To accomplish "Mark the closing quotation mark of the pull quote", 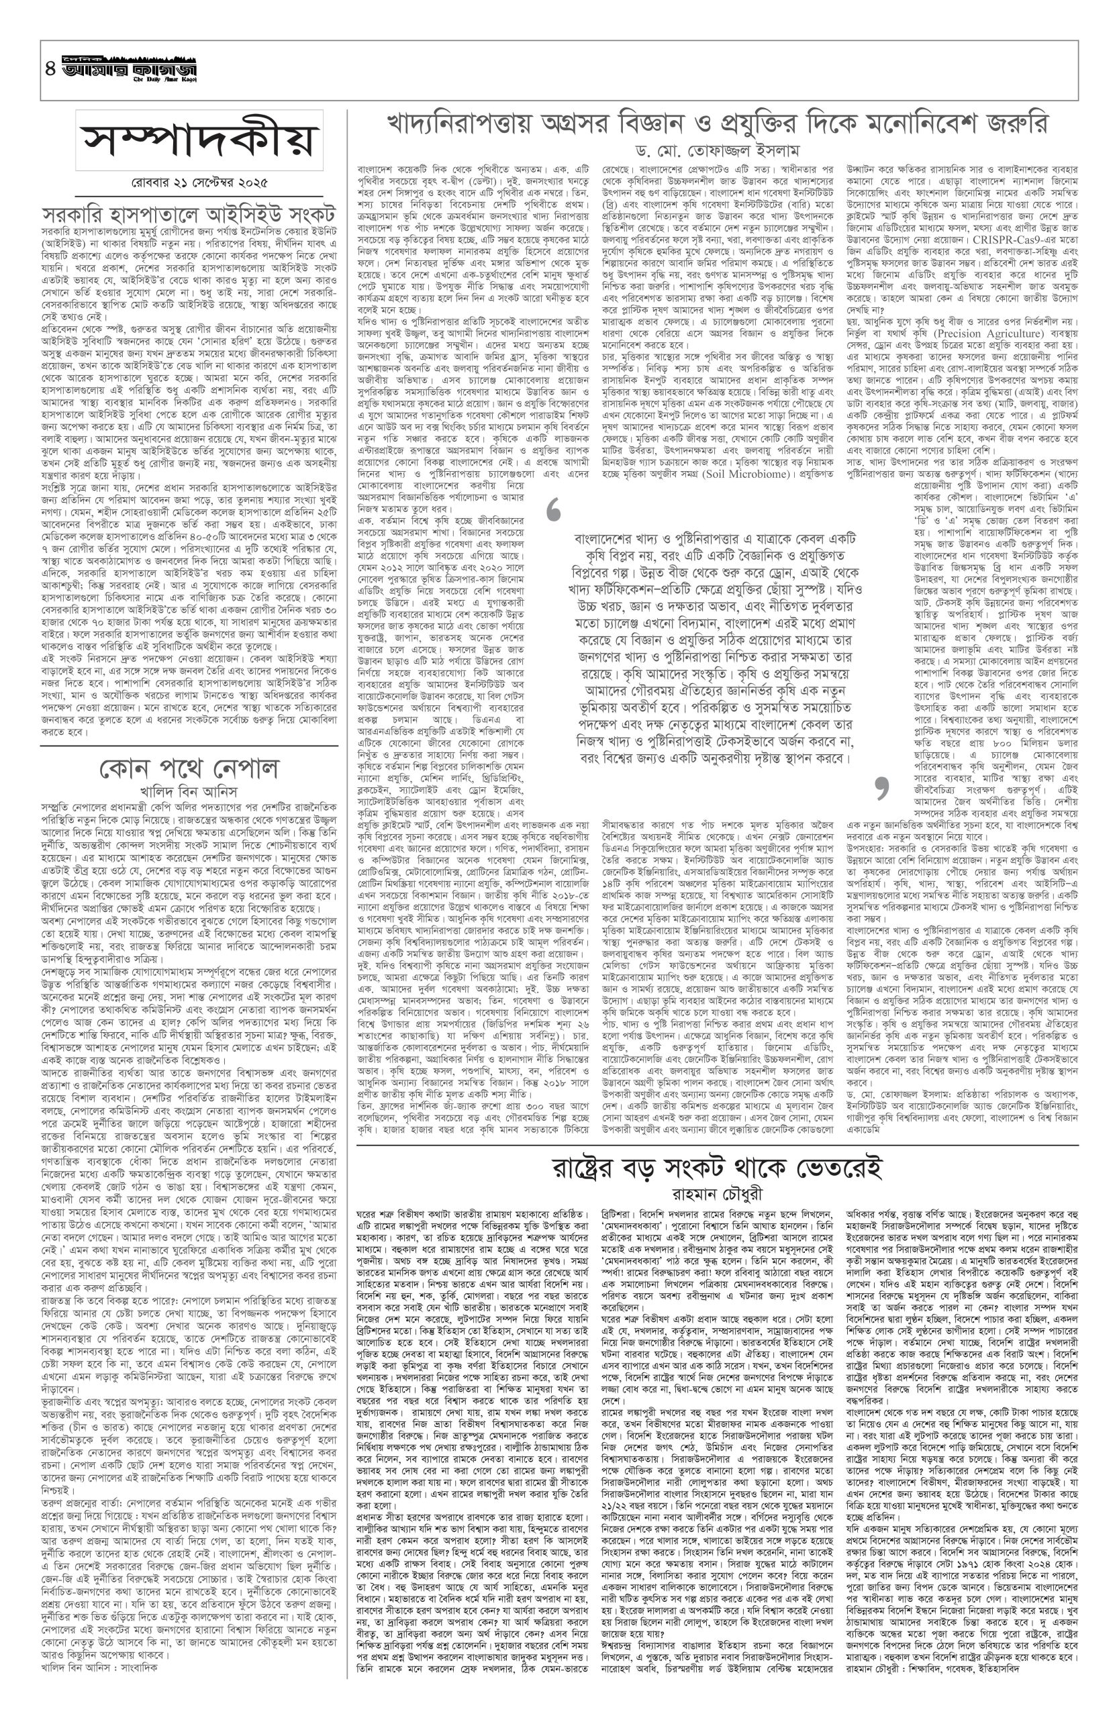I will coord(879,790).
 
